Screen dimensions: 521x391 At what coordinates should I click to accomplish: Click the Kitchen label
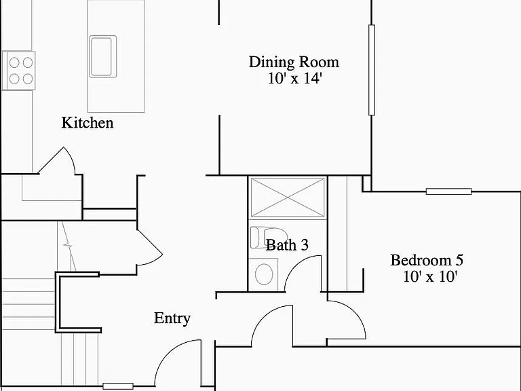point(88,123)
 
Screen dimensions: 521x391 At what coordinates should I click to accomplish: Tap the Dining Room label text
point(294,62)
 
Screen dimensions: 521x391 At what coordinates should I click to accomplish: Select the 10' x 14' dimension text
point(294,79)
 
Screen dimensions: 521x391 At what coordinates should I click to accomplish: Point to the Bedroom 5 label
point(427,260)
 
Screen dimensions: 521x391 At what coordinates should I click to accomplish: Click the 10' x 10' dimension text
point(430,276)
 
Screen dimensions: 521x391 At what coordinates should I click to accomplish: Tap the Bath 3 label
point(287,245)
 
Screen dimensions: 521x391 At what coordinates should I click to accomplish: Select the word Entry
point(172,318)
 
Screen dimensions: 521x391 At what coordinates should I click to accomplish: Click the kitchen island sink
point(102,56)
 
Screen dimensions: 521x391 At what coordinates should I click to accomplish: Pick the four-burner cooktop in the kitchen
point(18,71)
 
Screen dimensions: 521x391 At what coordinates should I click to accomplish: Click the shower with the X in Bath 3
point(288,198)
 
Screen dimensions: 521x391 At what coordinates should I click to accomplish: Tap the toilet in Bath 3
point(264,238)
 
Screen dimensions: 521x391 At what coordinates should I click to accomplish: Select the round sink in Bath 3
point(264,274)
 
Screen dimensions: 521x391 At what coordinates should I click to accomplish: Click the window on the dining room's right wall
point(372,70)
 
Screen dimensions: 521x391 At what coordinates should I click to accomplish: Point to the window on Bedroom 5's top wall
point(448,191)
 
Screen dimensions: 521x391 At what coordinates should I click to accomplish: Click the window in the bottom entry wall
point(118,386)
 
